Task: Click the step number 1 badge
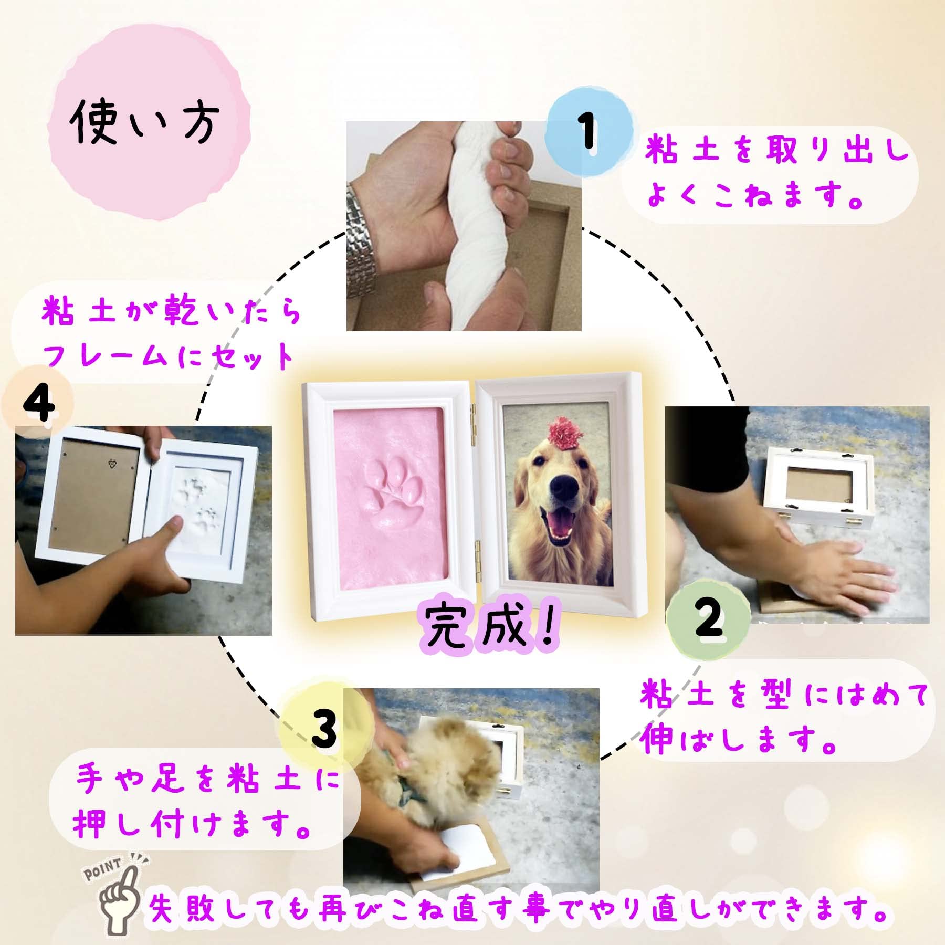coord(588,130)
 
